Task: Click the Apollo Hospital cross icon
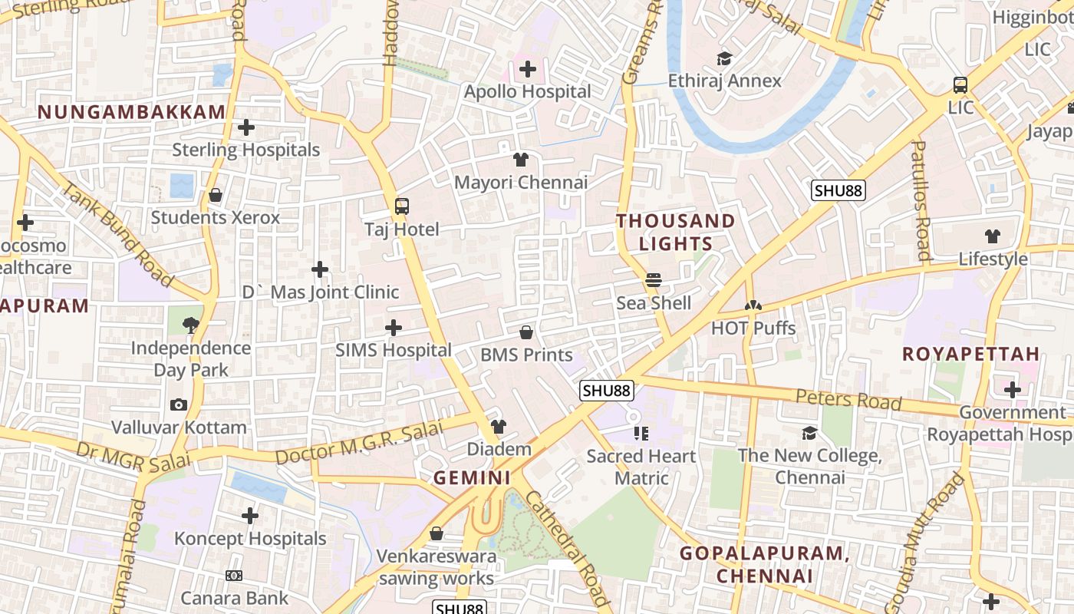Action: click(527, 69)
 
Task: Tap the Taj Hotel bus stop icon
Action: click(401, 206)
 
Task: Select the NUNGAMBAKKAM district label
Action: click(131, 112)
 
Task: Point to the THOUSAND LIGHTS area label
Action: click(676, 232)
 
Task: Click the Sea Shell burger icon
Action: click(654, 280)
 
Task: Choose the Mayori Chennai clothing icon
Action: click(521, 160)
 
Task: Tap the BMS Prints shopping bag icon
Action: click(526, 332)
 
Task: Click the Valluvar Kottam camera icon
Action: click(179, 404)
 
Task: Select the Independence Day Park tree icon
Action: click(191, 325)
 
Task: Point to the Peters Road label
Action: click(848, 399)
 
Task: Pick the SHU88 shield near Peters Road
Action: click(606, 391)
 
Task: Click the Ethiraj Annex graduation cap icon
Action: click(724, 58)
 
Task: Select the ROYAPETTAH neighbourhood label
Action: click(970, 354)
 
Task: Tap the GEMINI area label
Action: click(472, 477)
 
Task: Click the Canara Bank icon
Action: click(234, 576)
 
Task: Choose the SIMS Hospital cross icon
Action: click(394, 328)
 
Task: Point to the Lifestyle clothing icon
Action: click(993, 236)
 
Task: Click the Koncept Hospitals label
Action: click(250, 539)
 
